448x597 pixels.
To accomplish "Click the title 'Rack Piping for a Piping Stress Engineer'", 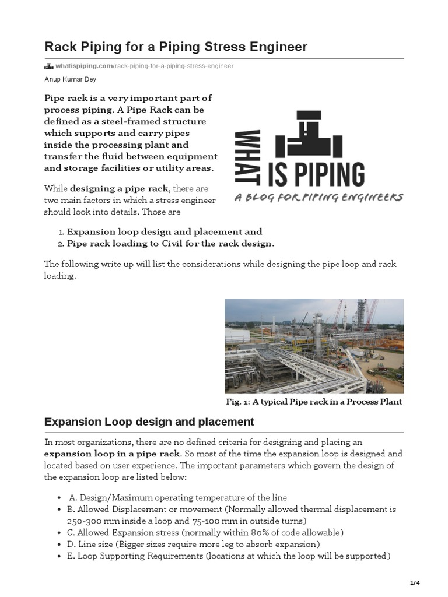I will pyautogui.click(x=176, y=46).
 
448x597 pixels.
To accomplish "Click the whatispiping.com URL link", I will pyautogui.click(x=144, y=66).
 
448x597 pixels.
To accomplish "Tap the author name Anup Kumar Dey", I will pyautogui.click(x=71, y=80).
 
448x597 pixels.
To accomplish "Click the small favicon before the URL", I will pyautogui.click(x=49, y=66).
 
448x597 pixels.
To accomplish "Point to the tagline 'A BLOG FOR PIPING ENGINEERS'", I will pyautogui.click(x=318, y=198).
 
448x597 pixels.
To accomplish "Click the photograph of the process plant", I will pyautogui.click(x=314, y=346).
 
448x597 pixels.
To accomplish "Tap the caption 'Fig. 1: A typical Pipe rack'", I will pyautogui.click(x=314, y=402).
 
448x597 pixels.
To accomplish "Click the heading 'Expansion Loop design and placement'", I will pyautogui.click(x=149, y=422).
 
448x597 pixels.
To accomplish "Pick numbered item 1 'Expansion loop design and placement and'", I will pyautogui.click(x=164, y=232).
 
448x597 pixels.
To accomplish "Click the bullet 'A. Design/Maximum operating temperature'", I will pyautogui.click(x=178, y=497).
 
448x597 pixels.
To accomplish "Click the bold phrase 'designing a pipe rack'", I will pyautogui.click(x=120, y=188).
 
